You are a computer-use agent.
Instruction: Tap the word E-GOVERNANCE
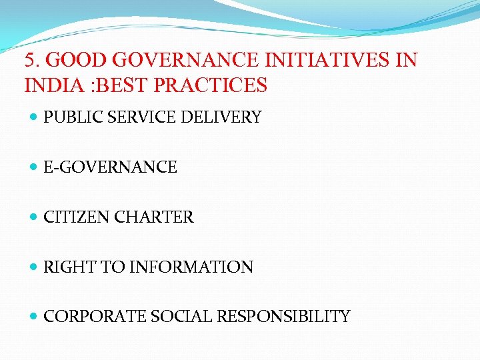(110, 167)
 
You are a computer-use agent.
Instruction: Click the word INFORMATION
(191, 267)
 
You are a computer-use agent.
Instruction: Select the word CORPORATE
(86, 317)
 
